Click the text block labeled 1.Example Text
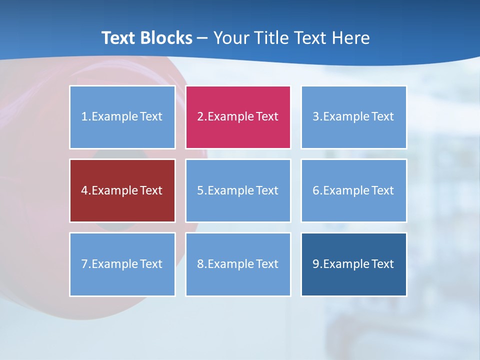tap(122, 117)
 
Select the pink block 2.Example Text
tap(238, 117)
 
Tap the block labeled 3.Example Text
tap(353, 117)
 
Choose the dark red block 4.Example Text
tap(122, 190)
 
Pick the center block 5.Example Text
tap(238, 190)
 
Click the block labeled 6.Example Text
tap(353, 190)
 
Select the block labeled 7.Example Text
tap(122, 264)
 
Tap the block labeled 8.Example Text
tap(238, 264)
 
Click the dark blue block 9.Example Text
tap(353, 264)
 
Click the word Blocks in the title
tap(167, 38)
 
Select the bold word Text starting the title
tap(120, 38)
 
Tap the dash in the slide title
tap(203, 38)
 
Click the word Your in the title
tap(231, 38)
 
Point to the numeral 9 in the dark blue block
tap(316, 264)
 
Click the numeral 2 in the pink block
tap(200, 117)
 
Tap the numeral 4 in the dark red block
tap(84, 190)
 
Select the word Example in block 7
tap(114, 264)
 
